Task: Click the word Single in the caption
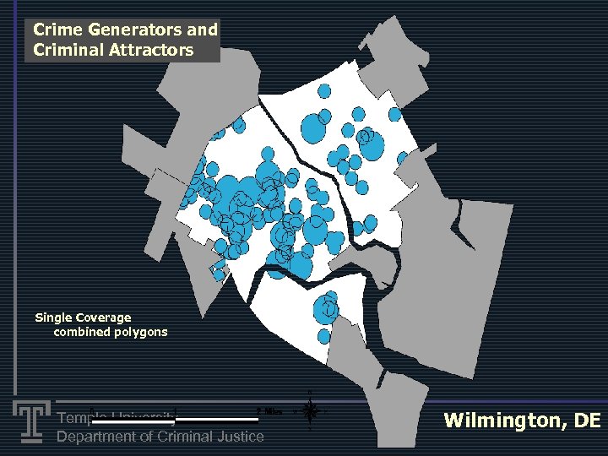pyautogui.click(x=53, y=318)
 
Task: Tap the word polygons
pyautogui.click(x=143, y=332)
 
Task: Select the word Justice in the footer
pyautogui.click(x=240, y=437)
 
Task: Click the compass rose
pyautogui.click(x=310, y=411)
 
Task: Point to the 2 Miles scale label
pyautogui.click(x=269, y=411)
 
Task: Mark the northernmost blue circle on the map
pyautogui.click(x=323, y=92)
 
